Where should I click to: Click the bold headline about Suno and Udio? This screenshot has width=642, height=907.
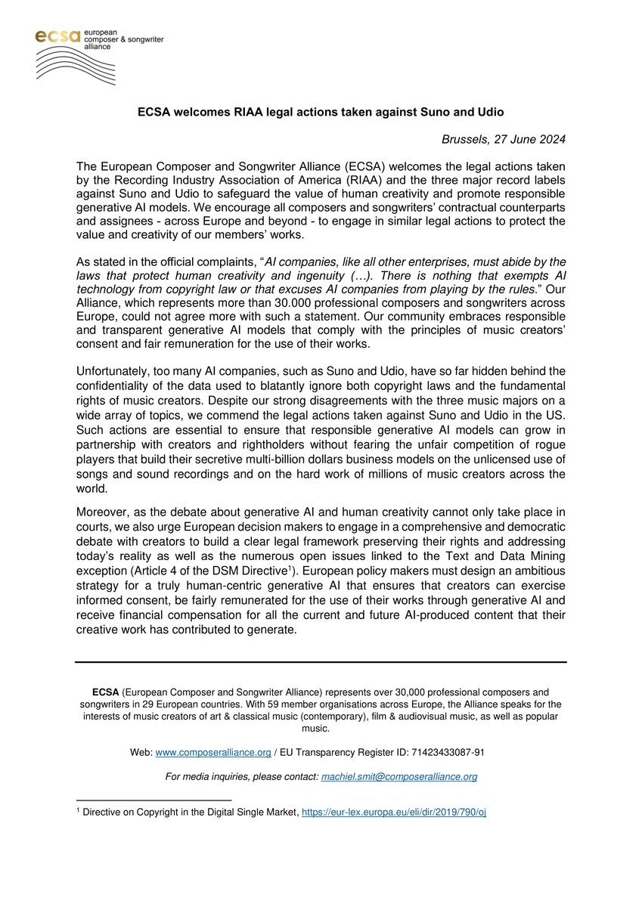click(x=321, y=112)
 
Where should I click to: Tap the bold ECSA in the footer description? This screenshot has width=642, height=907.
click(x=104, y=692)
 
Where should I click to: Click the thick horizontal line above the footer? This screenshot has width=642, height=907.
click(x=321, y=662)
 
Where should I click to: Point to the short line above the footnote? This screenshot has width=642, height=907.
click(x=154, y=800)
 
